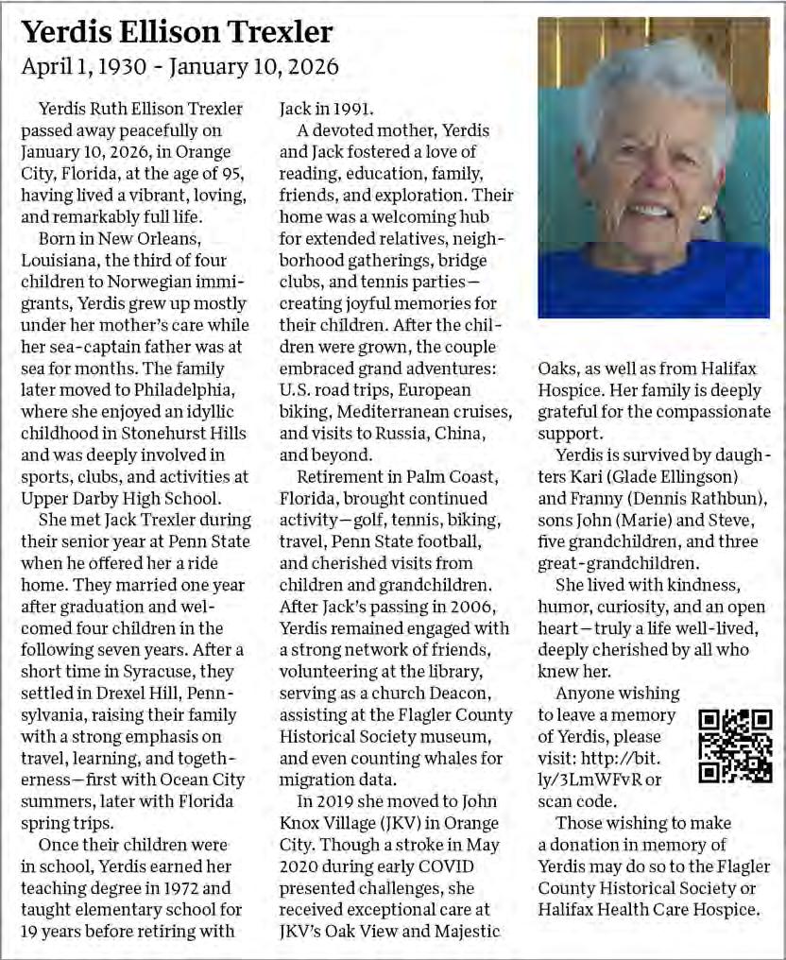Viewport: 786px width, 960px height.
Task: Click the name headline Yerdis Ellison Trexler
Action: [x=177, y=32]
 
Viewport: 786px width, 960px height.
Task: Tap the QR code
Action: [x=735, y=746]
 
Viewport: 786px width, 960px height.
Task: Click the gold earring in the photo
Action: [x=703, y=214]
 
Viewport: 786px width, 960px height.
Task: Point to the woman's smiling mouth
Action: [x=649, y=211]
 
